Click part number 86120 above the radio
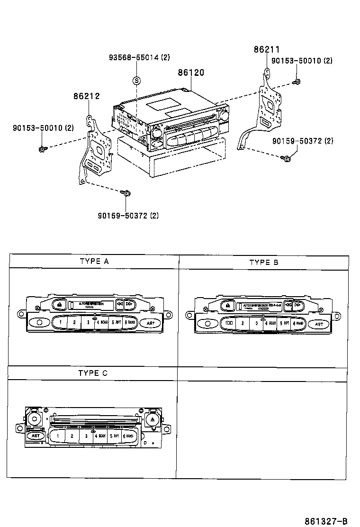point(191,73)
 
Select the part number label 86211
point(267,49)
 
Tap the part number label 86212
point(86,96)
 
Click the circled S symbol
point(136,80)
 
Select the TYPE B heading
point(263,262)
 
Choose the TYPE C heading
point(93,373)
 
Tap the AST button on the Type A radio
point(150,323)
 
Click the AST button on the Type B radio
point(319,324)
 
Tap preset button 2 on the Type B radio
point(243,324)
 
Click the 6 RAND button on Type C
point(130,436)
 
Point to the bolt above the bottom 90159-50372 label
point(126,193)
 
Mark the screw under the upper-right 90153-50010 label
point(297,83)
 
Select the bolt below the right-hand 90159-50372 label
point(286,158)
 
